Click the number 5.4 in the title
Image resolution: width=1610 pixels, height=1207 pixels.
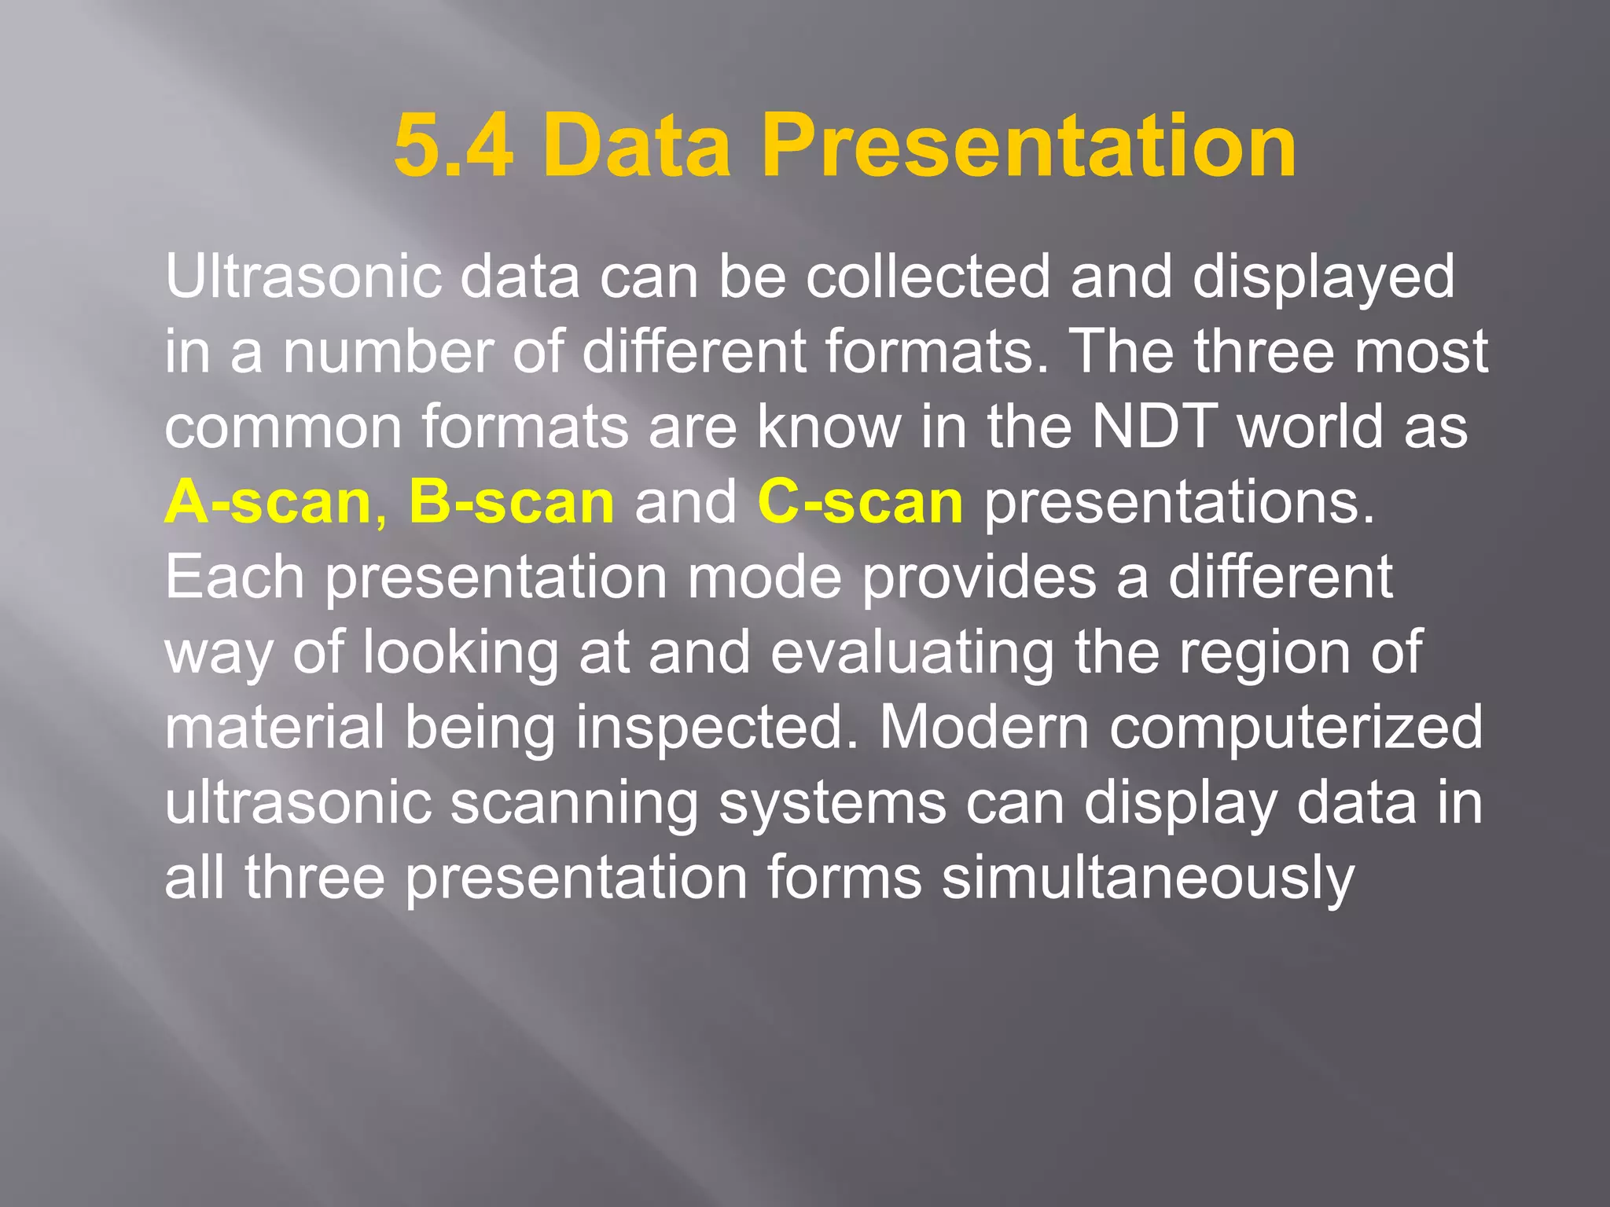454,146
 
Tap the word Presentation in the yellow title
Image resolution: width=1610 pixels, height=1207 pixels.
1028,146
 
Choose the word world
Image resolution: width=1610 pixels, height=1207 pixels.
1310,427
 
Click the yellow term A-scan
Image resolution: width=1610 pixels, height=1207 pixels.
268,502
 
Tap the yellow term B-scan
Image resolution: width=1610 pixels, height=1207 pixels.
511,502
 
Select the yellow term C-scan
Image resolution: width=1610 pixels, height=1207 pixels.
860,502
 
